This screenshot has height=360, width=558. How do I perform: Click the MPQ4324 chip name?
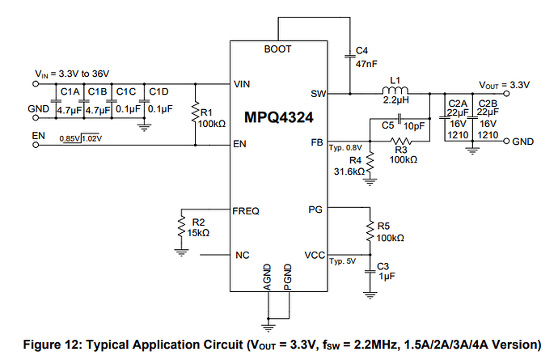278,118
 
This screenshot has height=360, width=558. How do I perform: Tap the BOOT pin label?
278,50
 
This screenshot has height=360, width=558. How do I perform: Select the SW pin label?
318,94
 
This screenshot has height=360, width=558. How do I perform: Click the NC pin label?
242,255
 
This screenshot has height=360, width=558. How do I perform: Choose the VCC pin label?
315,255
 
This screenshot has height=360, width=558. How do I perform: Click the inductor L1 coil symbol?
395,91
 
